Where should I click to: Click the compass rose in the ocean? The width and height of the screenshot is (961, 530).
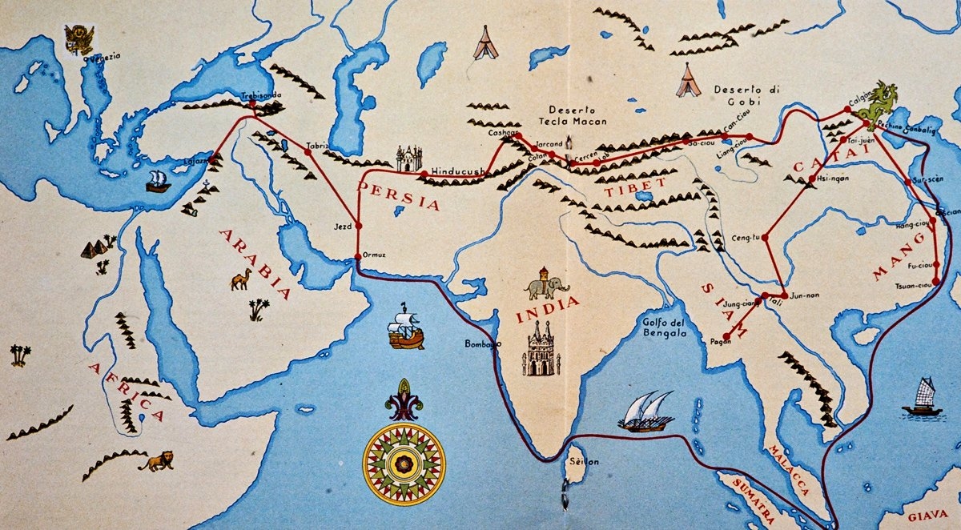[x=404, y=463]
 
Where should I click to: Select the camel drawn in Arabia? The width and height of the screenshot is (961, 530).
[x=240, y=279]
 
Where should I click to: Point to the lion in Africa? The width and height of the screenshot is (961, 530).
[x=157, y=460]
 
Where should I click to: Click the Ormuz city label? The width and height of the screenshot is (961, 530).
[x=374, y=255]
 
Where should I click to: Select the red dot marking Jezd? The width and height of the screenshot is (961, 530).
[x=359, y=226]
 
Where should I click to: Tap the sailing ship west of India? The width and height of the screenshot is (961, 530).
[x=406, y=328]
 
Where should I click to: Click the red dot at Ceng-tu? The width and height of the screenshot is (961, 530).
[x=765, y=238]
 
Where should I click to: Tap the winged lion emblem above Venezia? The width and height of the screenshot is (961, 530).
[x=79, y=38]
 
